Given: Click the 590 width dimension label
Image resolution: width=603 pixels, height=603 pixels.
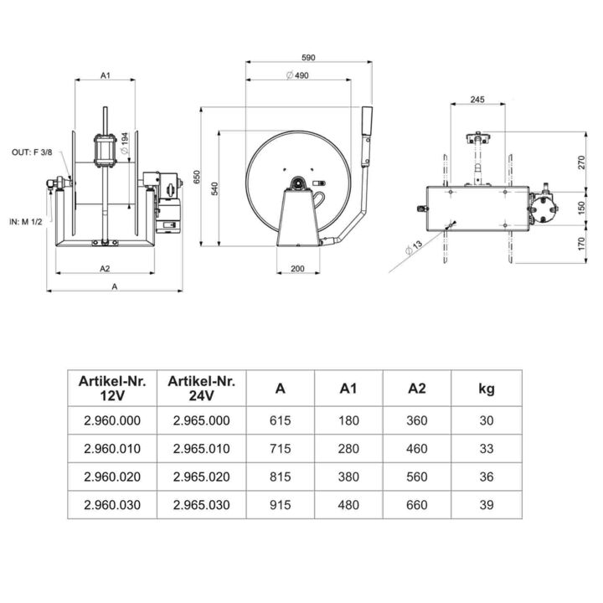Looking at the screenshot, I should (x=308, y=57).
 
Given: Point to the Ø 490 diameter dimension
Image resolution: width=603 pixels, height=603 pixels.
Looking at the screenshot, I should (x=298, y=75).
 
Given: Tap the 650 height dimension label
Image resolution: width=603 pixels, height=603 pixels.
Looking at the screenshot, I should (x=197, y=177).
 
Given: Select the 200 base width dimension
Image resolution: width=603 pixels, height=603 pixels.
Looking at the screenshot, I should (x=298, y=270).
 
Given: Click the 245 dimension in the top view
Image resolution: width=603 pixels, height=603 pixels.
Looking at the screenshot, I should (x=477, y=100).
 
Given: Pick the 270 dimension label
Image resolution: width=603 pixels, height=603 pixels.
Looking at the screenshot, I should (x=581, y=162).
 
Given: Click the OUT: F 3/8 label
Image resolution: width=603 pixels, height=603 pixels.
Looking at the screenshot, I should (x=30, y=152).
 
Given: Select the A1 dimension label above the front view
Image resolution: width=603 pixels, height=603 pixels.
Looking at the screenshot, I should (x=106, y=75).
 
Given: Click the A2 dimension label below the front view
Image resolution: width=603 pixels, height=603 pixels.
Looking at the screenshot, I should (x=106, y=269).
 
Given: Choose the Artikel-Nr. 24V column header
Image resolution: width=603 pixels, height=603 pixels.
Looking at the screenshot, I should (x=201, y=388).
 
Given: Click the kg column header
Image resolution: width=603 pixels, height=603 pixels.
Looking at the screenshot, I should (x=486, y=389).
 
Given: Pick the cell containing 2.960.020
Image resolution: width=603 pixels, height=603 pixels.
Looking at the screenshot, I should (x=112, y=477).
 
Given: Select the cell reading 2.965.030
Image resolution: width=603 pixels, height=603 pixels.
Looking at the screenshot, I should (x=201, y=505).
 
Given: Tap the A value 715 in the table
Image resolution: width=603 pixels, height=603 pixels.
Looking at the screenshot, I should (x=280, y=448).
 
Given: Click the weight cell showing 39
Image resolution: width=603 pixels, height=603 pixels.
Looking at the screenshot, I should (x=486, y=505).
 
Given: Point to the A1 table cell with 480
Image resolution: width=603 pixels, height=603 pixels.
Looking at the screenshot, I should (x=348, y=505).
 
